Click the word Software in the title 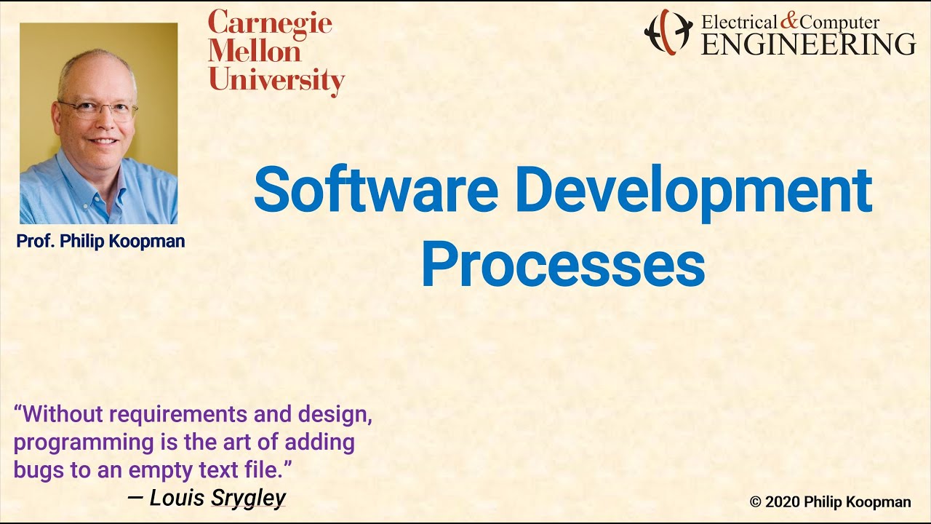375,191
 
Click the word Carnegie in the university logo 270,24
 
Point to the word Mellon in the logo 255,52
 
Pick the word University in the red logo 276,80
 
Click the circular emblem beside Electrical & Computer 668,32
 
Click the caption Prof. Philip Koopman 100,242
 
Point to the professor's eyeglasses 97,110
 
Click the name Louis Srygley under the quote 217,498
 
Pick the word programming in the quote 77,442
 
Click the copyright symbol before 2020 756,501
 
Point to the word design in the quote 335,415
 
